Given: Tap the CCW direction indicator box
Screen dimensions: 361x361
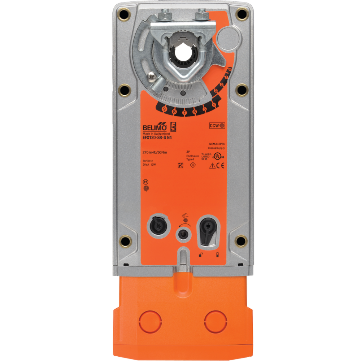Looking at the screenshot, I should tap(217, 126).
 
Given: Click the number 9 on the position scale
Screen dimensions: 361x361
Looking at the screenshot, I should tap(164, 109).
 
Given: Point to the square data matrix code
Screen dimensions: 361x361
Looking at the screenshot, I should tap(180, 166).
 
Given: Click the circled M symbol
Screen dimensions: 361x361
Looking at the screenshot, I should tap(145, 182).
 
